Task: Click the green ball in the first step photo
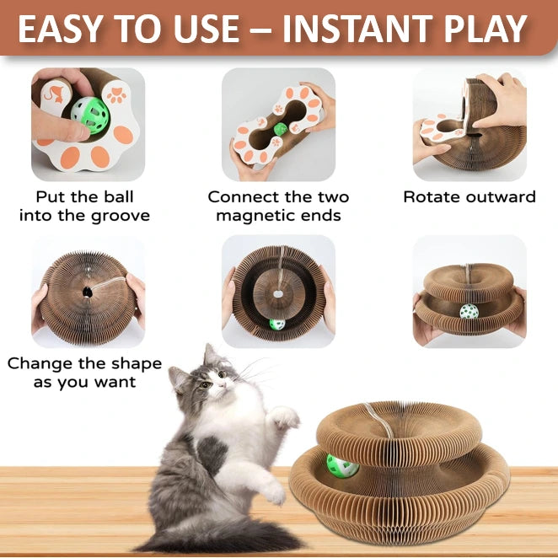(x=89, y=115)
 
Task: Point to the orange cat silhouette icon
(x=55, y=94)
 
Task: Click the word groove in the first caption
(x=121, y=217)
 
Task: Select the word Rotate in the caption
(x=426, y=196)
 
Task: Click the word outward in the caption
(x=494, y=196)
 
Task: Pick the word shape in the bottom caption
(x=137, y=364)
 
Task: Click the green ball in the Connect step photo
(x=281, y=129)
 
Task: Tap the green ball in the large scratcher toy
(x=341, y=466)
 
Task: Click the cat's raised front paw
(x=285, y=417)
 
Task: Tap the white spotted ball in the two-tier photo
(x=469, y=312)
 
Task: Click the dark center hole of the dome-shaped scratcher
(x=87, y=292)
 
